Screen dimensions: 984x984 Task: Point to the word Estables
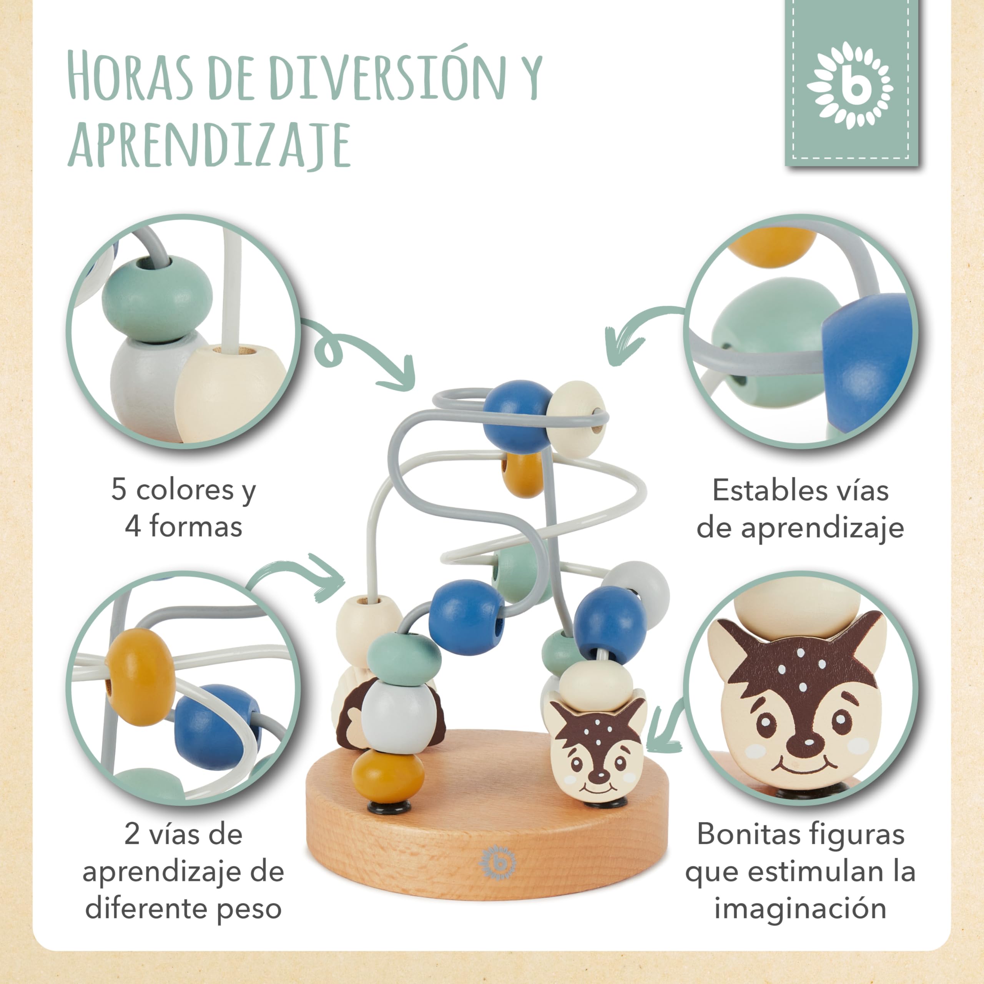coord(765,490)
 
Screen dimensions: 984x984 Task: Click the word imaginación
coord(801,909)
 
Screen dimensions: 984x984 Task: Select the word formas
coord(196,527)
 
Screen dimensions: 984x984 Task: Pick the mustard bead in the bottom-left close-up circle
coord(140,677)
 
